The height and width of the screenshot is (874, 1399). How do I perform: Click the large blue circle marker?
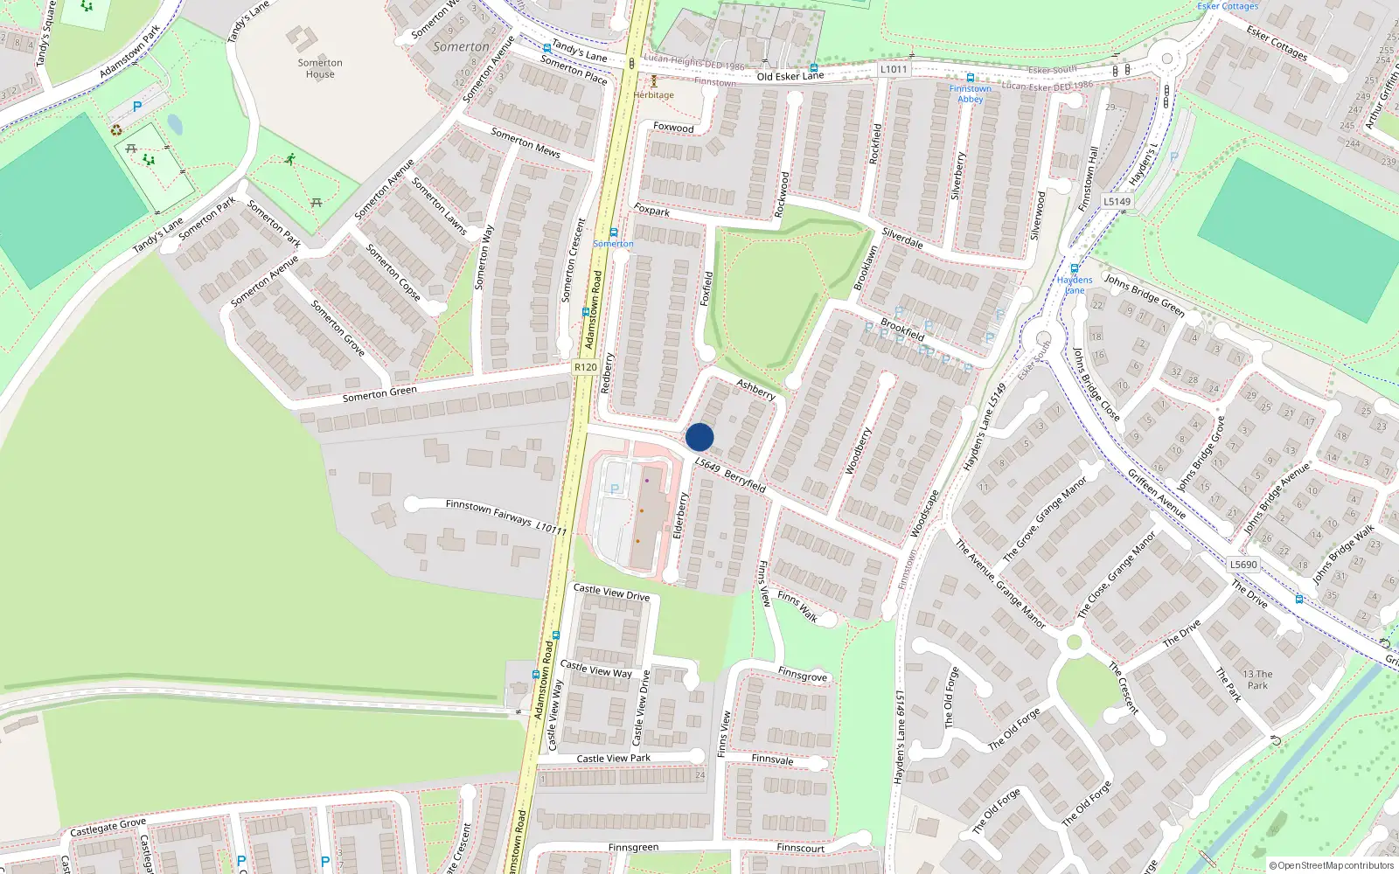click(x=699, y=437)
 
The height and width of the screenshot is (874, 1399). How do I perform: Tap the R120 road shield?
click(x=585, y=367)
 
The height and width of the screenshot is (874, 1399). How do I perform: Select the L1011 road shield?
click(x=894, y=69)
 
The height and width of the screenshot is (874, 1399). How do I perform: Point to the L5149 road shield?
click(x=1117, y=201)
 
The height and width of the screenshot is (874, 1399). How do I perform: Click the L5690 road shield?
click(x=1243, y=565)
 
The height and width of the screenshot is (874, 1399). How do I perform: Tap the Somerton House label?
click(x=320, y=68)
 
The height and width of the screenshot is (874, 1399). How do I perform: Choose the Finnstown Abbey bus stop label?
click(x=970, y=94)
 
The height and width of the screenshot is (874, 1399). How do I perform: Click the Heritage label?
click(x=654, y=94)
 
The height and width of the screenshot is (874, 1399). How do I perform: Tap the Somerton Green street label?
click(x=379, y=394)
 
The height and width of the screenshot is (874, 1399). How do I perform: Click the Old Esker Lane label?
click(x=790, y=76)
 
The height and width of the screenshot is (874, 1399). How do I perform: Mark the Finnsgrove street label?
click(x=802, y=675)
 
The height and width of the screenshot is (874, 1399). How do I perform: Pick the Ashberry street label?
click(x=755, y=389)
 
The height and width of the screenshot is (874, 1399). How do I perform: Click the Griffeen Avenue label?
click(x=1156, y=494)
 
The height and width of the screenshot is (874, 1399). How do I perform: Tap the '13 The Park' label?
click(x=1257, y=679)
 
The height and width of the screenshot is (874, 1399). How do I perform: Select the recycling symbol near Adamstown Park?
click(x=116, y=130)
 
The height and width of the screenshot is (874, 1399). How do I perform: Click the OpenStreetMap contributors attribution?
click(x=1332, y=865)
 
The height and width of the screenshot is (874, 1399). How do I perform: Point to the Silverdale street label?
click(x=902, y=238)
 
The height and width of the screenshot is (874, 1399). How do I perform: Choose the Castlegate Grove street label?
click(x=108, y=826)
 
